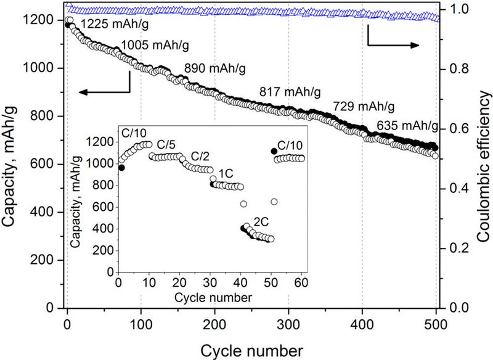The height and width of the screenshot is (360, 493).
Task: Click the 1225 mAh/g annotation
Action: pos(115,24)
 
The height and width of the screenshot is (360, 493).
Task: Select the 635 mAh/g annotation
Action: pos(407,126)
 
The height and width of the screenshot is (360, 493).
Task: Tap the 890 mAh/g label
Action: pos(214,68)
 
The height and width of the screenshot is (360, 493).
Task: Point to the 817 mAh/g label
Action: pos(290,92)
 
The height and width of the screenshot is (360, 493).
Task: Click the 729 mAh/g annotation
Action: pos(364,107)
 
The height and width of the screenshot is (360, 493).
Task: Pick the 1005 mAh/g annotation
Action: pos(155,45)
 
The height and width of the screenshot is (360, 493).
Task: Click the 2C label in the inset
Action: pos(261,222)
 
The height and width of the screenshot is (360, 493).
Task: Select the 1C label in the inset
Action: pos(226,173)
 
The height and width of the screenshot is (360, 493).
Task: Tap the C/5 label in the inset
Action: pos(166,145)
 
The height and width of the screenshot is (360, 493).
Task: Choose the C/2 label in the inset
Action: pos(200,156)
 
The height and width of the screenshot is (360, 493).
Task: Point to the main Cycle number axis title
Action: pos(252,351)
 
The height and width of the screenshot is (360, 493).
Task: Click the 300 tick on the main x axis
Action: pos(288,324)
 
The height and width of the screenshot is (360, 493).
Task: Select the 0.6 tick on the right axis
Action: pos(458,129)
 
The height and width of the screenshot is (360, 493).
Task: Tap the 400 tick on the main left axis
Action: pos(43,212)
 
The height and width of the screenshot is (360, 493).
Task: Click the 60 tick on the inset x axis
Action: pos(301,283)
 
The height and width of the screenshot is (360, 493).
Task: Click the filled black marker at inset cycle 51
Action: pos(274,151)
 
